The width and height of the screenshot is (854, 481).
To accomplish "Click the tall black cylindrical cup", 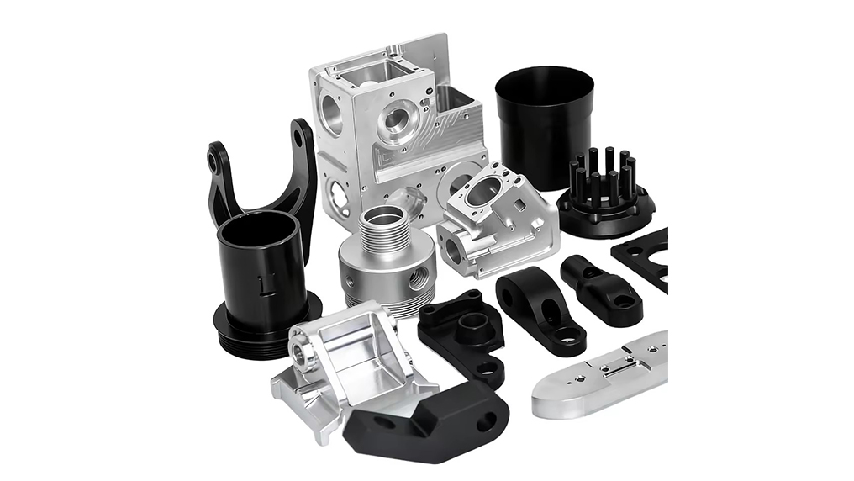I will click(545, 126).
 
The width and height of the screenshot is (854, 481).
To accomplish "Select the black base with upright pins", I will click(604, 202).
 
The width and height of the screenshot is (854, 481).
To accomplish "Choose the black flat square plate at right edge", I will click(647, 256).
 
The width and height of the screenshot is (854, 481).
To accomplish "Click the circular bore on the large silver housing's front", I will click(396, 122).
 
